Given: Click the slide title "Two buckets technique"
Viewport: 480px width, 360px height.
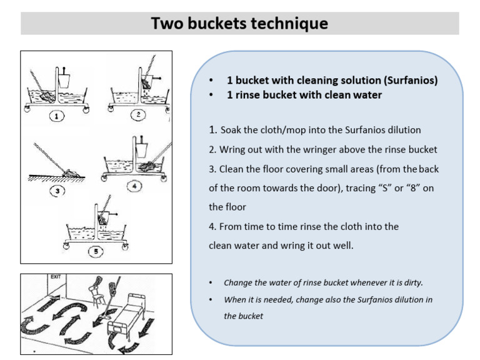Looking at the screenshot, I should pyautogui.click(x=239, y=24).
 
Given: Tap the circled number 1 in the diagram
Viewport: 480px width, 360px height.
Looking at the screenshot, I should pyautogui.click(x=57, y=116).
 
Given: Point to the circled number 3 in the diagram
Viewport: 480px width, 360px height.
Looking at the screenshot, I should pyautogui.click(x=57, y=191).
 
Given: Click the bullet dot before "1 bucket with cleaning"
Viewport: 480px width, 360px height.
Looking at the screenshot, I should pyautogui.click(x=212, y=81).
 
